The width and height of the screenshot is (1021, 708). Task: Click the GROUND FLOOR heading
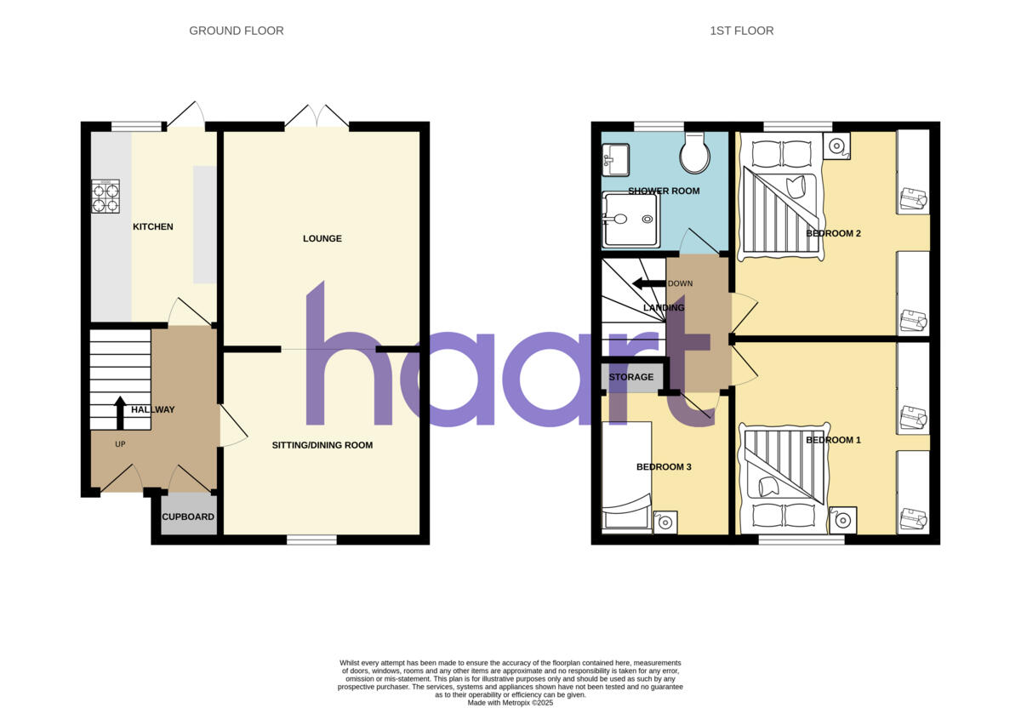tap(236, 31)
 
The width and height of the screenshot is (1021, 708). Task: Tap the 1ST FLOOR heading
tap(741, 31)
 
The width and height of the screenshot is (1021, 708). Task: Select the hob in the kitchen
tap(105, 197)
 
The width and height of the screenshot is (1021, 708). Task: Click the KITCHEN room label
tap(153, 227)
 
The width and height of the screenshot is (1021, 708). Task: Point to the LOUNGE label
tap(322, 239)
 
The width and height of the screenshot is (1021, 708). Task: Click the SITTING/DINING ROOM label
tap(322, 445)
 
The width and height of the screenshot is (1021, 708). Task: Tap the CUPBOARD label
tap(188, 517)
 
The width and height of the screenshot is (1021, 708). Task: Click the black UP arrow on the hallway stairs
tap(120, 412)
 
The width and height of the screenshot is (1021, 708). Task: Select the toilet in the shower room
tap(695, 152)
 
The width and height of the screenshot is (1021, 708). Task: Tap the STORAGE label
tap(630, 377)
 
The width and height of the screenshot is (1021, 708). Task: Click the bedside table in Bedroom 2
tap(836, 146)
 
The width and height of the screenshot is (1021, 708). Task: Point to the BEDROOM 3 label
tap(664, 467)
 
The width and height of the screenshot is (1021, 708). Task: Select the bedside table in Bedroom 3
tap(665, 522)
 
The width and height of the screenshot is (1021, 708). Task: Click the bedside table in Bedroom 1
tap(843, 518)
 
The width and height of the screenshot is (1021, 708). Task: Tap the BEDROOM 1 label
tap(833, 440)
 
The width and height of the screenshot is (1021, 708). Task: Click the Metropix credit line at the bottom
tap(510, 703)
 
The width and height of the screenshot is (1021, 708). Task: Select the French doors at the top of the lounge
tap(317, 117)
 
